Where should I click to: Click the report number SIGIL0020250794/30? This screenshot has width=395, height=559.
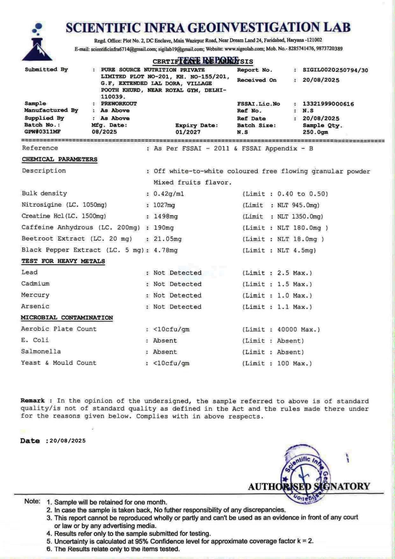coord(335,70)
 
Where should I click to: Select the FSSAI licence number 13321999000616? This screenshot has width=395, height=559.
coord(328,104)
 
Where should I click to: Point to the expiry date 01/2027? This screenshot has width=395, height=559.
coord(188,132)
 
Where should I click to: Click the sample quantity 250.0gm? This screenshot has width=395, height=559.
coord(315,132)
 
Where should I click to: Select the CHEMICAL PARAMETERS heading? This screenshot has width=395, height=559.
coord(60,159)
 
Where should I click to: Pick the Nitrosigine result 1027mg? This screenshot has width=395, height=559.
coord(164,205)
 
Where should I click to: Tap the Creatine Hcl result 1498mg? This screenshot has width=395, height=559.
coord(165,217)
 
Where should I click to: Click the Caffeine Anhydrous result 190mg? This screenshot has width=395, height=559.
coord(164,228)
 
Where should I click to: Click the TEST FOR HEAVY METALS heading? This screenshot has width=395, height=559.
coord(63,261)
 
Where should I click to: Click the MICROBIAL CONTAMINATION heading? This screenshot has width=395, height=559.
coord(67,318)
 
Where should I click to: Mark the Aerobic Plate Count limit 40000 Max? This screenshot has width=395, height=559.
coord(298,330)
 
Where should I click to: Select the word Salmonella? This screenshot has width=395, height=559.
coord(41,352)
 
